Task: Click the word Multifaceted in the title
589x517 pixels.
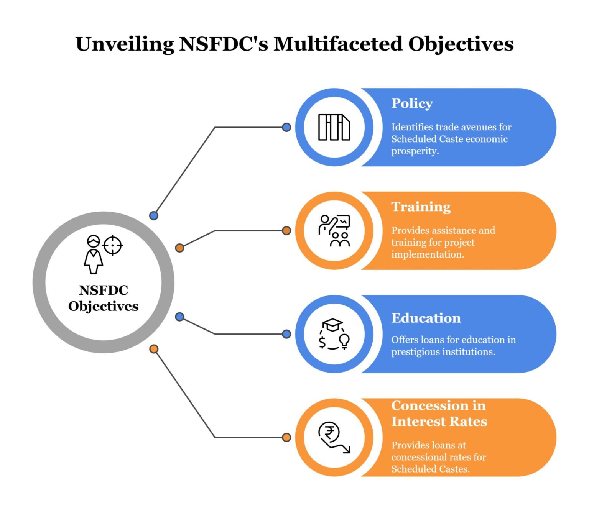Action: [338, 44]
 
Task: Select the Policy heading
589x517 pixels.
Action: [412, 103]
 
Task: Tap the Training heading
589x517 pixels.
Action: [421, 207]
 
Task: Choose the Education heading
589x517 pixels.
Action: [426, 318]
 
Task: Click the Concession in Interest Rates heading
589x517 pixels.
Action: [439, 414]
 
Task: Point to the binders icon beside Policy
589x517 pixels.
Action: [334, 127]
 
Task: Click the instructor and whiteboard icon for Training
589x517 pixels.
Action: [334, 231]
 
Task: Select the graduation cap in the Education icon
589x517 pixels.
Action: [332, 325]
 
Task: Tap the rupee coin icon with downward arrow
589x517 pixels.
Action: [333, 437]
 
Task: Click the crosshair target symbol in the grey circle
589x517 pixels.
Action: [113, 245]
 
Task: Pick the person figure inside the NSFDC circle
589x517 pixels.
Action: [93, 255]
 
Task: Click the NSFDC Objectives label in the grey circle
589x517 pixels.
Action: [104, 298]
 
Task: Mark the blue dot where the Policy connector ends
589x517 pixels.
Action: [286, 127]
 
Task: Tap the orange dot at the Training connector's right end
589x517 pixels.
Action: [286, 231]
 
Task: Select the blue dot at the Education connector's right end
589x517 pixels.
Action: [286, 334]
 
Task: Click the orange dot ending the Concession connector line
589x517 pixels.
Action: [286, 437]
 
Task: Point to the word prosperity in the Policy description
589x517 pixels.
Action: [415, 151]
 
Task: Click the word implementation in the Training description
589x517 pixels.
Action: [427, 254]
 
